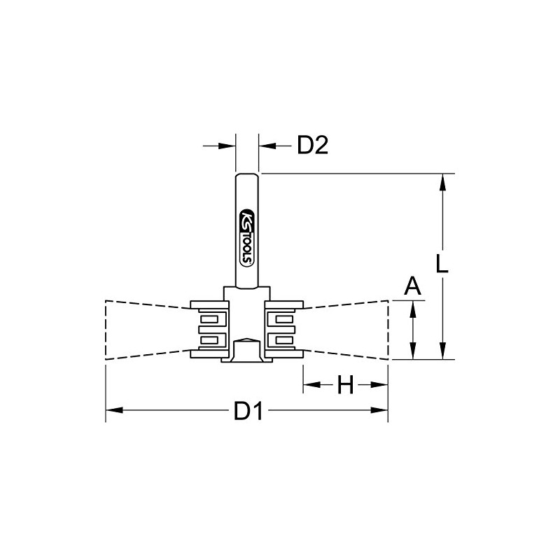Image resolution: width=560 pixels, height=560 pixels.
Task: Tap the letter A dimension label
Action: [414, 286]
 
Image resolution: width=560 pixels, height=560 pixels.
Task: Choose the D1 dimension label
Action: [248, 412]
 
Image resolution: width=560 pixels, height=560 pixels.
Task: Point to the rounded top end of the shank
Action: [247, 175]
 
